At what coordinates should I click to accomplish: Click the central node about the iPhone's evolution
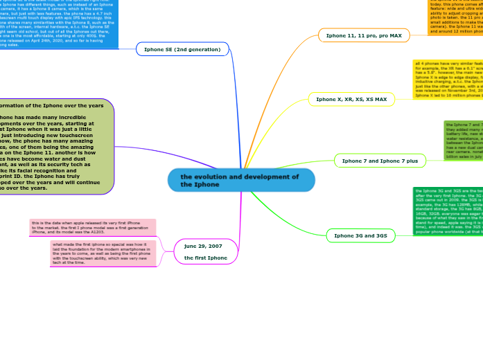point(241,181)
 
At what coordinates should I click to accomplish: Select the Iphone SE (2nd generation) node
point(182,50)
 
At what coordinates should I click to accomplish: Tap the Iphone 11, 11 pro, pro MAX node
point(364,35)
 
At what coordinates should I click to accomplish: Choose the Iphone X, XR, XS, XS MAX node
point(351,100)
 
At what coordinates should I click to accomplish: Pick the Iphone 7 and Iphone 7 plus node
point(380,161)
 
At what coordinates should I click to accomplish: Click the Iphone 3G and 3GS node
point(360,236)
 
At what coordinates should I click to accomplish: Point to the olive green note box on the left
point(55,147)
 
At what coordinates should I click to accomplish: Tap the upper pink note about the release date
point(93,227)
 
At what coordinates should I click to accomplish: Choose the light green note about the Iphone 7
point(463,141)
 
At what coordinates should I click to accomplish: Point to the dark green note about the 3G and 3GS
point(448,211)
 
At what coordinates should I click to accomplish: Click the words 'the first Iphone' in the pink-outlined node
point(206,258)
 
